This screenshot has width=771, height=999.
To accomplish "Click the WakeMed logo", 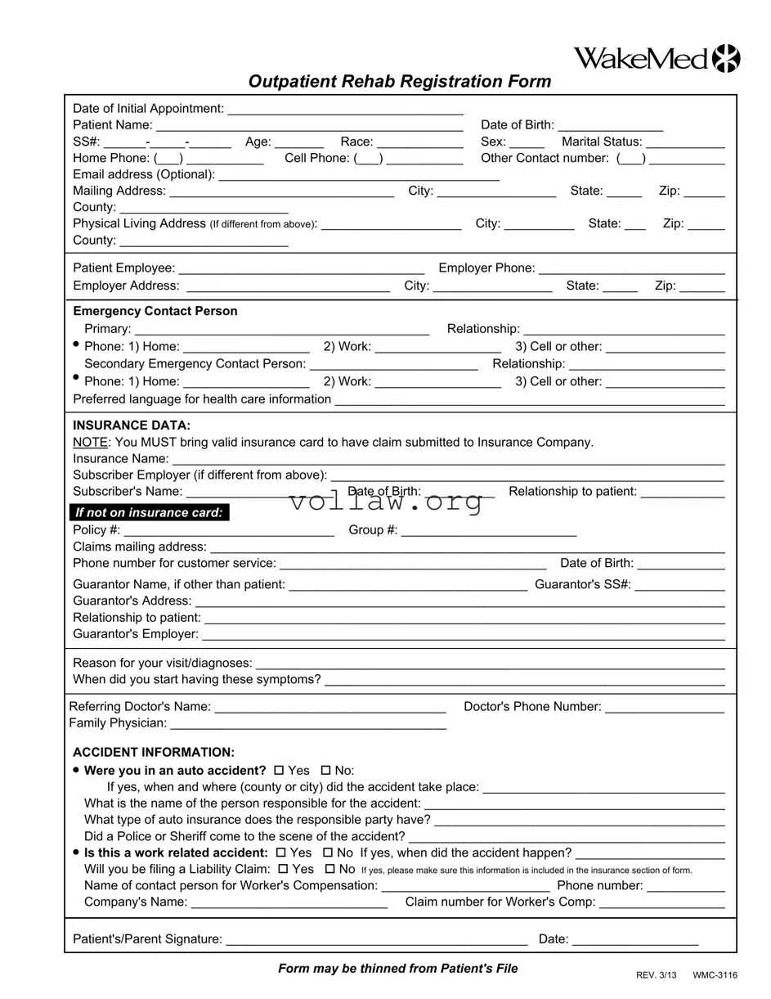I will coord(657,59).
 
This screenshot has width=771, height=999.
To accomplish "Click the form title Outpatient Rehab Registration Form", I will coord(399,82).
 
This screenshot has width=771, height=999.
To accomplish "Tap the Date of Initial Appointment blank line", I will coord(345,109).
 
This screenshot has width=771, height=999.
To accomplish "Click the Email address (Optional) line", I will coord(359,175).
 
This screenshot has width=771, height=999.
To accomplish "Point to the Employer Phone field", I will coord(631,269).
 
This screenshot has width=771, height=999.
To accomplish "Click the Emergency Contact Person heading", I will coord(155,312).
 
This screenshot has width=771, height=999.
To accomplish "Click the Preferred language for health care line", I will coord(529,400).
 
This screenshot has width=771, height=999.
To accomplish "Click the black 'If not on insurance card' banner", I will coord(149,513).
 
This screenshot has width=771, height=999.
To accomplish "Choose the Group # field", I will coord(488,531).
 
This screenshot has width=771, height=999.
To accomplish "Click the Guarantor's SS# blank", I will coord(679,585).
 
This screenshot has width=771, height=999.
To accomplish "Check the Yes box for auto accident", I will coord(279,771).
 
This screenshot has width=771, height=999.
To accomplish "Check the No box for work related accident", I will coord(328,853).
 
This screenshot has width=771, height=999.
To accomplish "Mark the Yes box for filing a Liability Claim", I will coord(283,869).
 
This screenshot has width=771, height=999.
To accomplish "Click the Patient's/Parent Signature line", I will coord(376,940).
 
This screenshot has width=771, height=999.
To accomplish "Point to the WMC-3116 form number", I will coord(715,975).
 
